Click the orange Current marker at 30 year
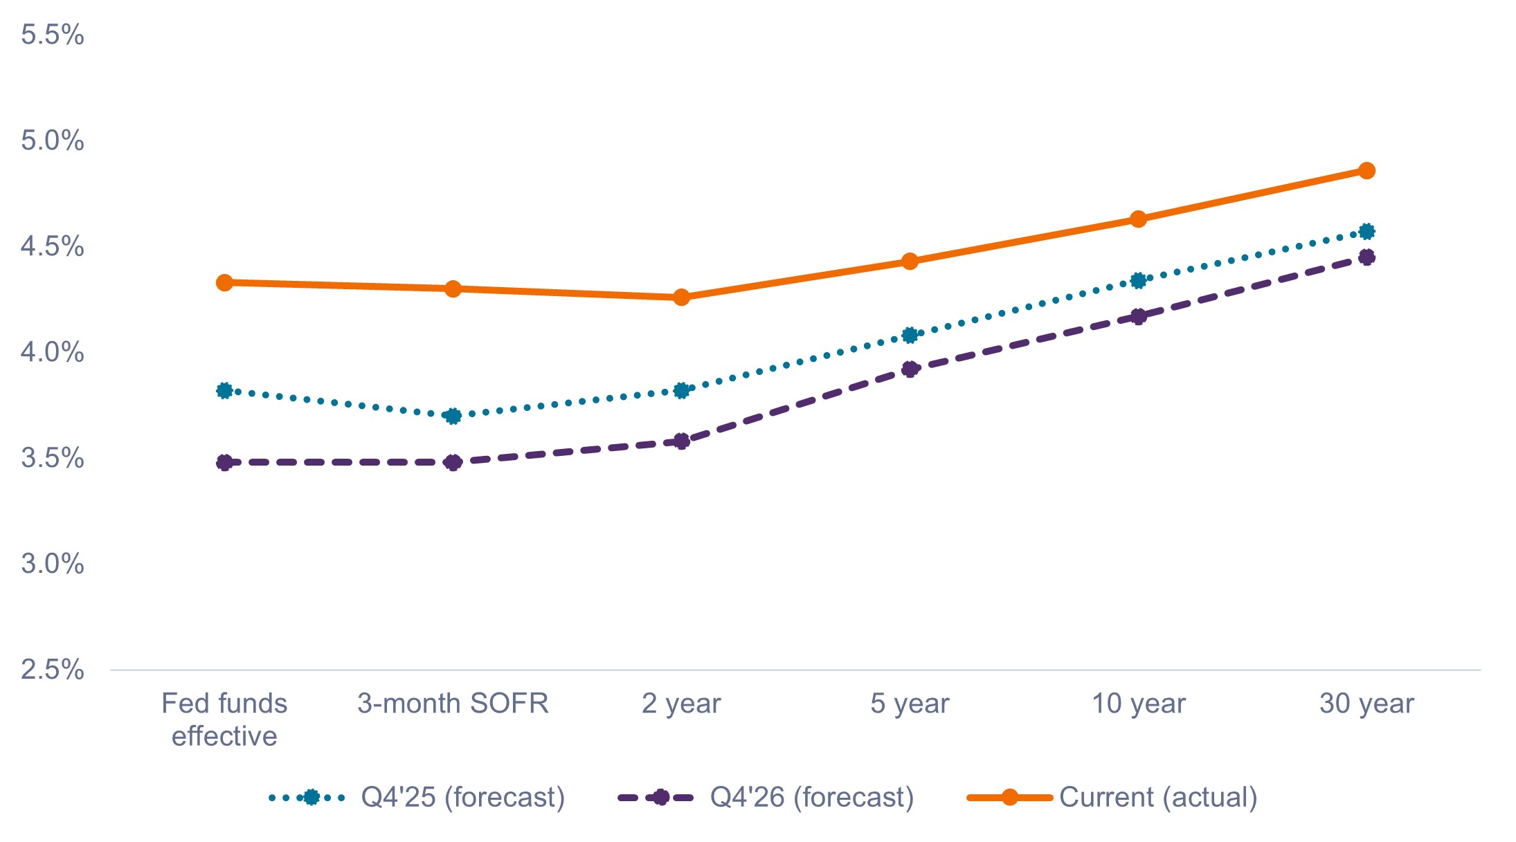point(1366,171)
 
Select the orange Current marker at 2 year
point(681,298)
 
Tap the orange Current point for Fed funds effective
point(224,282)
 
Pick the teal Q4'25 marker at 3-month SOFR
point(453,416)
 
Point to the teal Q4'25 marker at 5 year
point(910,336)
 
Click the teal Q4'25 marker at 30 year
point(1366,231)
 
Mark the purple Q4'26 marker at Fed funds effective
point(224,462)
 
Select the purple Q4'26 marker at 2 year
point(681,441)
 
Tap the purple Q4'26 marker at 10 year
point(1138,317)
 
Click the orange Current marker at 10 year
point(1138,219)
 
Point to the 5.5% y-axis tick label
point(53,35)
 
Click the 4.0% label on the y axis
point(53,352)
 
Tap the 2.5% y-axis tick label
point(53,670)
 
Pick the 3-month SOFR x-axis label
point(453,704)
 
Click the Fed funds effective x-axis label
point(224,720)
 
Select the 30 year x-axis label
point(1366,704)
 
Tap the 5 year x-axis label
point(910,704)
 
